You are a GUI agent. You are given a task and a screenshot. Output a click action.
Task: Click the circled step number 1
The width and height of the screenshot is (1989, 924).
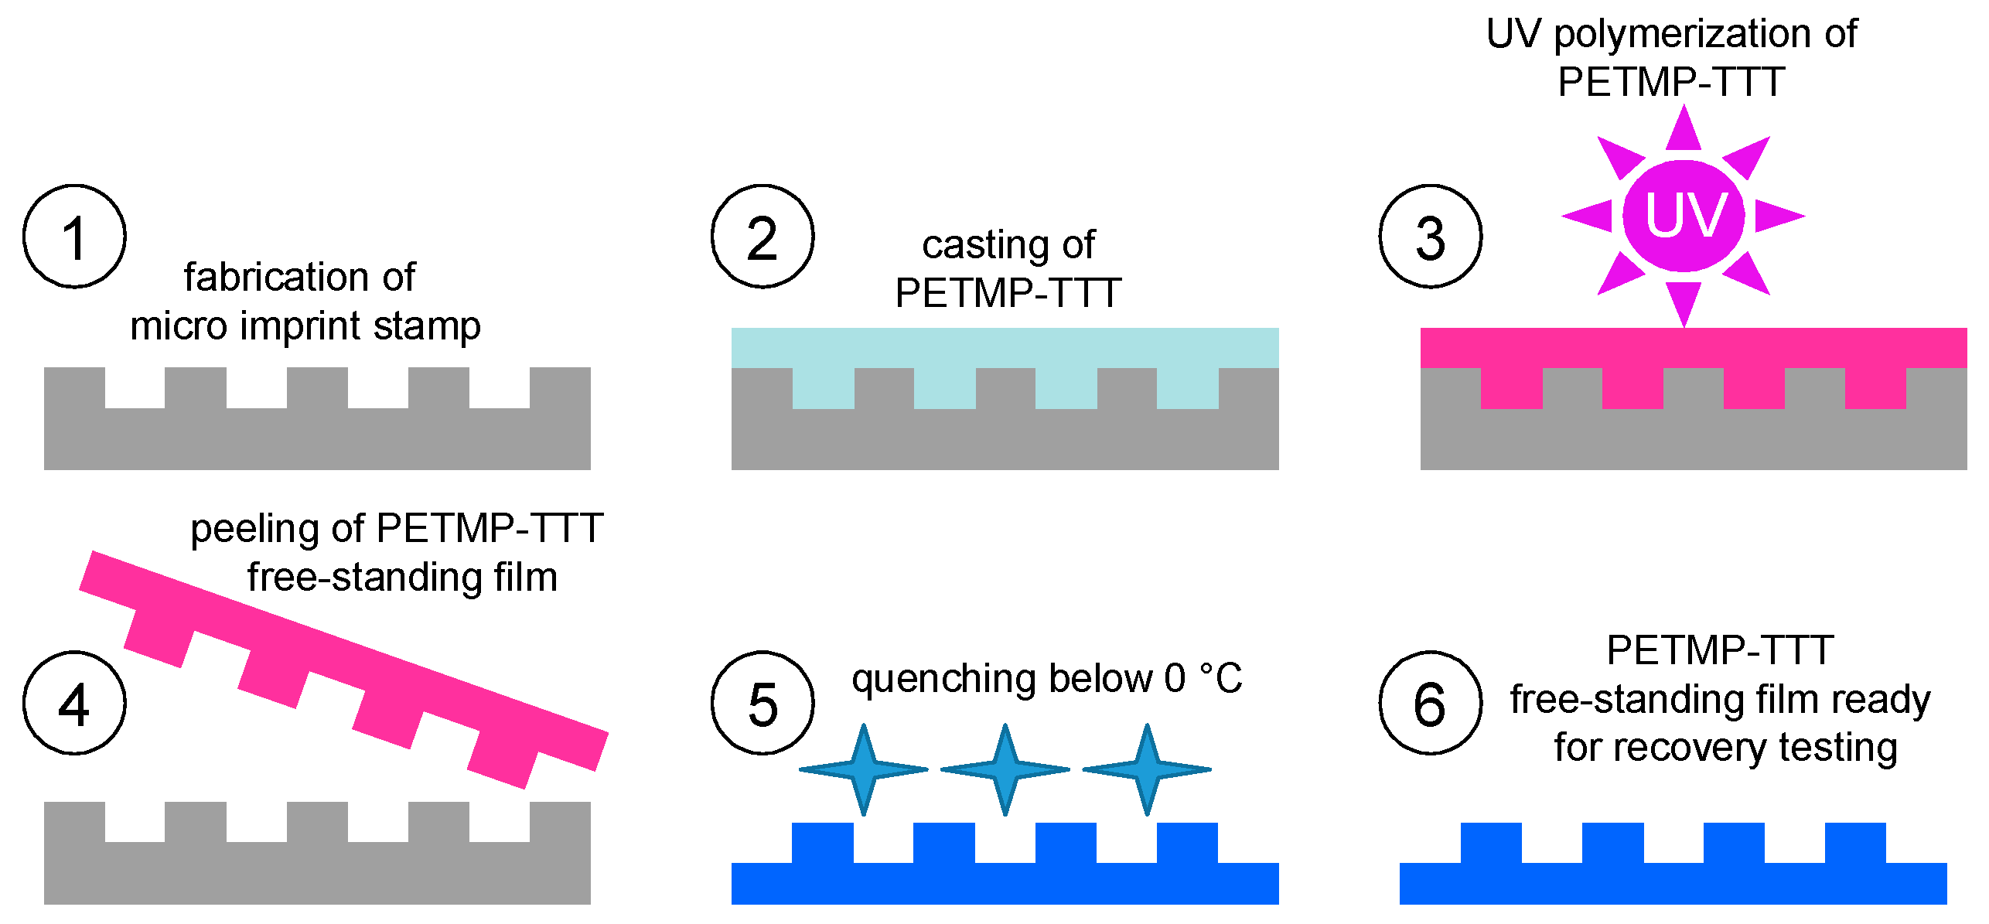pyautogui.click(x=74, y=237)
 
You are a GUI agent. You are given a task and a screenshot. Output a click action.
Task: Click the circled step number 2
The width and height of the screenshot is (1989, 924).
pyautogui.click(x=763, y=237)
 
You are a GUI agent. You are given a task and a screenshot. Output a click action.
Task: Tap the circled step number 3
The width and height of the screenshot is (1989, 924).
pyautogui.click(x=1430, y=237)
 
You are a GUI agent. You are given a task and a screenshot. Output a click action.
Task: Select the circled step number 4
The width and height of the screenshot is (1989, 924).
pyautogui.click(x=74, y=703)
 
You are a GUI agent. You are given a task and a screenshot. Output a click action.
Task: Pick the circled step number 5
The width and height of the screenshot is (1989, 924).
pyautogui.click(x=763, y=703)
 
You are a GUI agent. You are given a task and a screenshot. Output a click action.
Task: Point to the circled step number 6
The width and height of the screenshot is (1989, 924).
pyautogui.click(x=1430, y=703)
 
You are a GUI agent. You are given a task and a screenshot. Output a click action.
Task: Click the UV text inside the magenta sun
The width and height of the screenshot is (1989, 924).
pyautogui.click(x=1685, y=216)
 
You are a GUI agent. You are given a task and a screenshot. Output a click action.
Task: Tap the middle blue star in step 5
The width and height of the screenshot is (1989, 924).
pyautogui.click(x=1005, y=769)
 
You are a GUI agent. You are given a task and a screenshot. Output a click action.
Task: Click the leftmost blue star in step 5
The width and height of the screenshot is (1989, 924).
pyautogui.click(x=863, y=769)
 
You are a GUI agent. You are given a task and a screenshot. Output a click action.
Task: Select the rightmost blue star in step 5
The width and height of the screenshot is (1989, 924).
pyautogui.click(x=1147, y=769)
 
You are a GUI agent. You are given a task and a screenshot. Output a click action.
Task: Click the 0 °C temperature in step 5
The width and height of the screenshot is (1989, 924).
pyautogui.click(x=1203, y=678)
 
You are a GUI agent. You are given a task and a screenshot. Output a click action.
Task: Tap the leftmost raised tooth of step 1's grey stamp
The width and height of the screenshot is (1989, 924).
pyautogui.click(x=74, y=388)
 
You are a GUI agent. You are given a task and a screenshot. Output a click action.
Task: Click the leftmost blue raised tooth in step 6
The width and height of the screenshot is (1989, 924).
pyautogui.click(x=1491, y=844)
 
